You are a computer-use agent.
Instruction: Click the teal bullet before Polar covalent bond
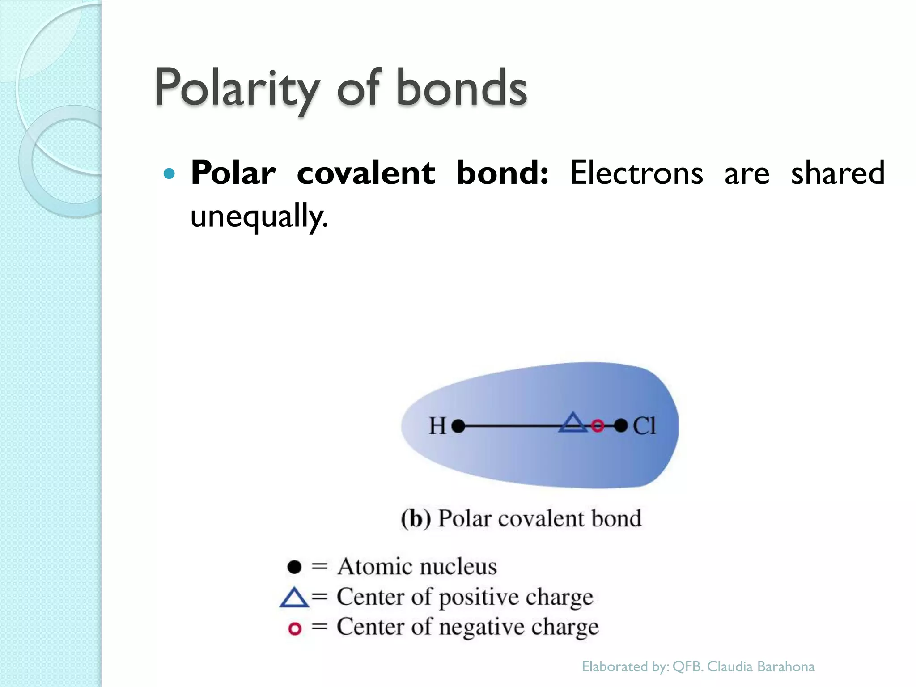click(169, 174)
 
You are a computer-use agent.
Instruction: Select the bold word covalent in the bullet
click(365, 173)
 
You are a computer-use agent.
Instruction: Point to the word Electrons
click(636, 173)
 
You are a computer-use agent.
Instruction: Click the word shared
click(837, 173)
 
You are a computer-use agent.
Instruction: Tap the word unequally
click(259, 216)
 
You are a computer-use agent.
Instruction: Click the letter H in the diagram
click(437, 426)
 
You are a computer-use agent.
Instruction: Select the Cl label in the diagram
click(644, 426)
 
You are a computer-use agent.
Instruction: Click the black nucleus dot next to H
click(458, 426)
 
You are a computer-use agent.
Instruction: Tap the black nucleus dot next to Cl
click(621, 425)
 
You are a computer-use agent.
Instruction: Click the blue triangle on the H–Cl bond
click(572, 423)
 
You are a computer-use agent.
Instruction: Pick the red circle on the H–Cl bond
click(598, 425)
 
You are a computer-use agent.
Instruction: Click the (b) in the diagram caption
click(416, 519)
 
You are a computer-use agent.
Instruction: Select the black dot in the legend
click(294, 567)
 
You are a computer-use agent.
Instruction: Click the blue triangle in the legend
click(294, 598)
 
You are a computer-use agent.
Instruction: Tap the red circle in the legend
click(295, 628)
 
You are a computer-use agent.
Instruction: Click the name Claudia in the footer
click(730, 666)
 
